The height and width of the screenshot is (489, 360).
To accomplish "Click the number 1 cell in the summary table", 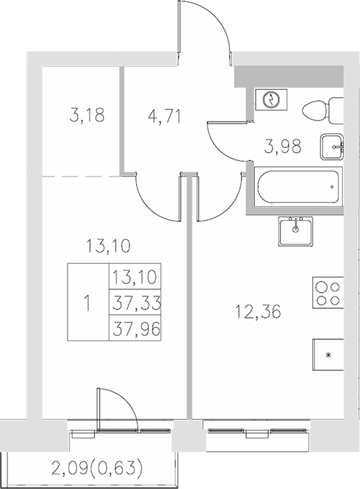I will [87, 303].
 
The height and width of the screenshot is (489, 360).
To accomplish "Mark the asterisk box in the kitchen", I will [328, 354].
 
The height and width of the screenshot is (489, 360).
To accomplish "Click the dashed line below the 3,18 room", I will [80, 175].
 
